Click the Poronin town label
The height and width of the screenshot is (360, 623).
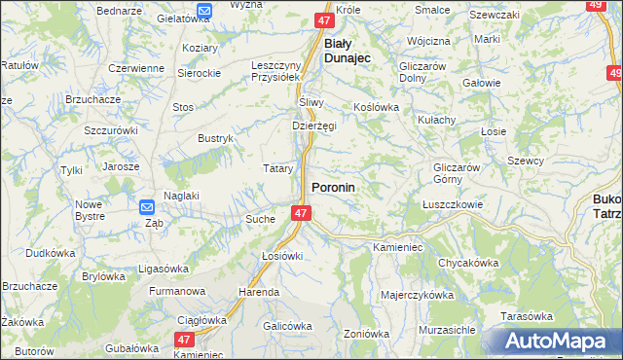pos(333,186)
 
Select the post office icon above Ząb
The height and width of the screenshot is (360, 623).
pos(147,206)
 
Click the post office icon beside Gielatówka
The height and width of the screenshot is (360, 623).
pos(203,11)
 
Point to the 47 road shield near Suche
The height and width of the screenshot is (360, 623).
pos(301,213)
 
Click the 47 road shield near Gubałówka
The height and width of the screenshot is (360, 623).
pos(185,339)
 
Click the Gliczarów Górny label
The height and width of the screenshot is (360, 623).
pos(458,173)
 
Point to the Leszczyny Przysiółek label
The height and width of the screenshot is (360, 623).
pos(278,73)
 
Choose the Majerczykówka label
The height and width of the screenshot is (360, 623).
pos(418,294)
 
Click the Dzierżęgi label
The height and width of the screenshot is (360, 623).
pos(313,126)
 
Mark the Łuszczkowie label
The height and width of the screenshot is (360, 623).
pos(453,204)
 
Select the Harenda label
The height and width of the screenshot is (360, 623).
pos(259,292)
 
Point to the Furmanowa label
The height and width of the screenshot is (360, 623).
pos(176,291)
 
